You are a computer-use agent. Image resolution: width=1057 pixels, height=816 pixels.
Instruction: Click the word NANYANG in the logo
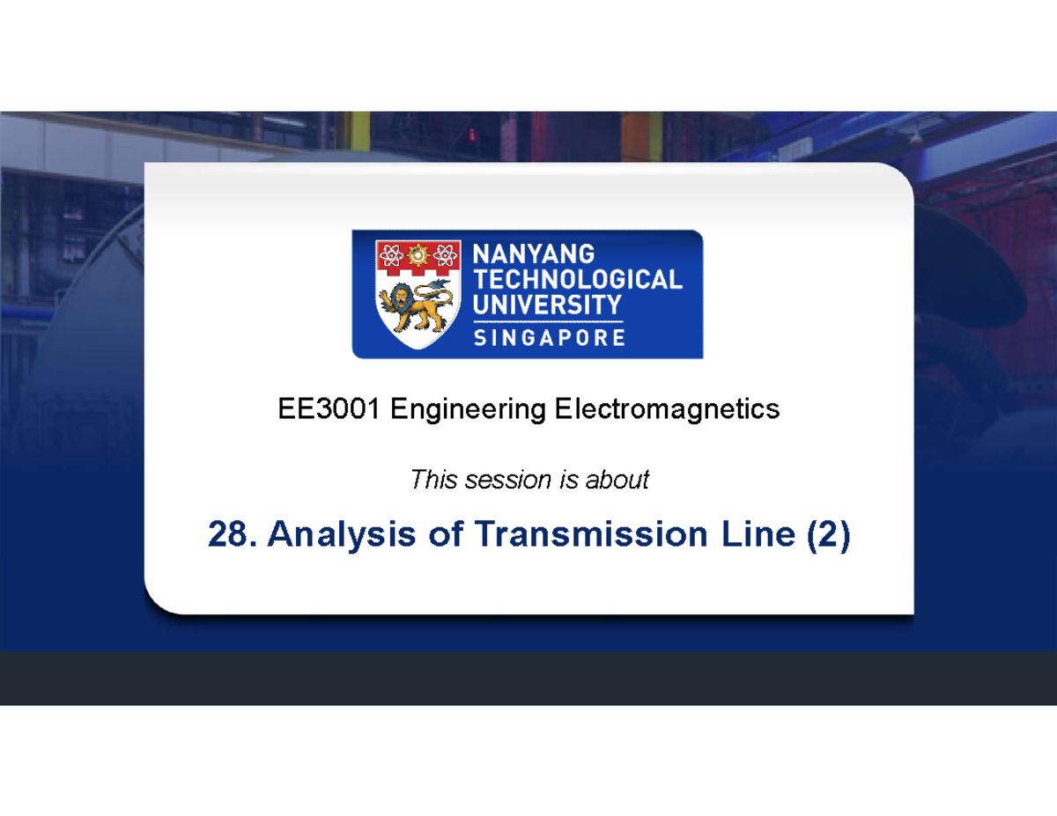[x=535, y=254]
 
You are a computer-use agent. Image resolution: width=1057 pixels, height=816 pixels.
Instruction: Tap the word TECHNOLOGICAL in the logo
[x=578, y=280]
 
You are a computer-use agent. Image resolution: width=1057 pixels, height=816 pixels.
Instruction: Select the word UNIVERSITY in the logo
[x=548, y=305]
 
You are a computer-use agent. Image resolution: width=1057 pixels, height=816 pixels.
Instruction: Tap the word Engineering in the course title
[x=468, y=409]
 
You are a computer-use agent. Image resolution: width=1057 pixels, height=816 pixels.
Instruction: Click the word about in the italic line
[x=622, y=480]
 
